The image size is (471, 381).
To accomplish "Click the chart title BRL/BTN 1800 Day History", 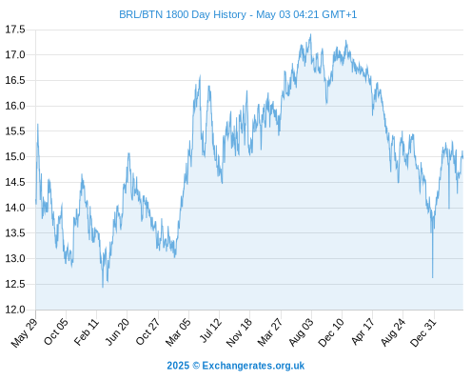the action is pyautogui.click(x=183, y=14).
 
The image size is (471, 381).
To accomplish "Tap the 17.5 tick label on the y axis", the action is pyautogui.click(x=15, y=30).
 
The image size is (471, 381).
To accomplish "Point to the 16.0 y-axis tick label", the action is pyautogui.click(x=15, y=106).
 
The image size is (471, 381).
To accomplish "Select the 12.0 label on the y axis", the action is pyautogui.click(x=15, y=310).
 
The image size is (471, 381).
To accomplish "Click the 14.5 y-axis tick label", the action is pyautogui.click(x=15, y=182).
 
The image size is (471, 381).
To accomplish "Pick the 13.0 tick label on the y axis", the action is pyautogui.click(x=15, y=258).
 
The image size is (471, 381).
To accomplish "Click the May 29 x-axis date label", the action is pyautogui.click(x=25, y=332).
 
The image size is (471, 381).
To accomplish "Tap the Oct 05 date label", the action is pyautogui.click(x=55, y=331).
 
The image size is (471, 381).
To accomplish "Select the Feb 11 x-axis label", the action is pyautogui.click(x=87, y=331).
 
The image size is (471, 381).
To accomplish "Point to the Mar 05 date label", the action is pyautogui.click(x=178, y=332).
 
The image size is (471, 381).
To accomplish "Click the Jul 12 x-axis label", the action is pyautogui.click(x=210, y=331).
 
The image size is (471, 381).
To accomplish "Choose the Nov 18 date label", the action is pyautogui.click(x=239, y=332).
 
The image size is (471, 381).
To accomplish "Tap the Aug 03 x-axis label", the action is pyautogui.click(x=301, y=332).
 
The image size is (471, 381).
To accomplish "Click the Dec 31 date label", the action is pyautogui.click(x=423, y=332).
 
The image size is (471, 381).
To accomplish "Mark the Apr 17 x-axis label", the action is pyautogui.click(x=363, y=331).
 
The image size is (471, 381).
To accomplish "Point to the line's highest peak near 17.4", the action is pyautogui.click(x=310, y=34).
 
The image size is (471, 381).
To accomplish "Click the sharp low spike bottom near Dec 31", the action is pyautogui.click(x=432, y=277).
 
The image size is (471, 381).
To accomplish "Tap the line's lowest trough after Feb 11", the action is pyautogui.click(x=103, y=287).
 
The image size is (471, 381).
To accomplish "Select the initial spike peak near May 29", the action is pyautogui.click(x=38, y=125).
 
